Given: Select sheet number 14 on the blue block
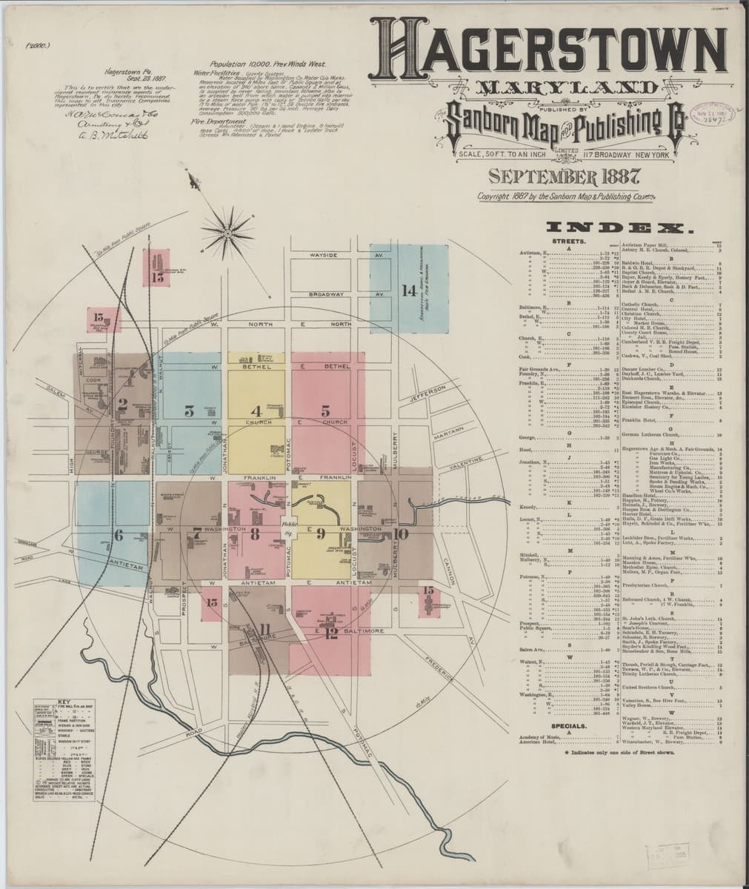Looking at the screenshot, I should pyautogui.click(x=408, y=290).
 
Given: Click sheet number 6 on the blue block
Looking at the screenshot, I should pyautogui.click(x=117, y=535).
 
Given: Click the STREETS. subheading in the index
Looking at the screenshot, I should pyautogui.click(x=568, y=242).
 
